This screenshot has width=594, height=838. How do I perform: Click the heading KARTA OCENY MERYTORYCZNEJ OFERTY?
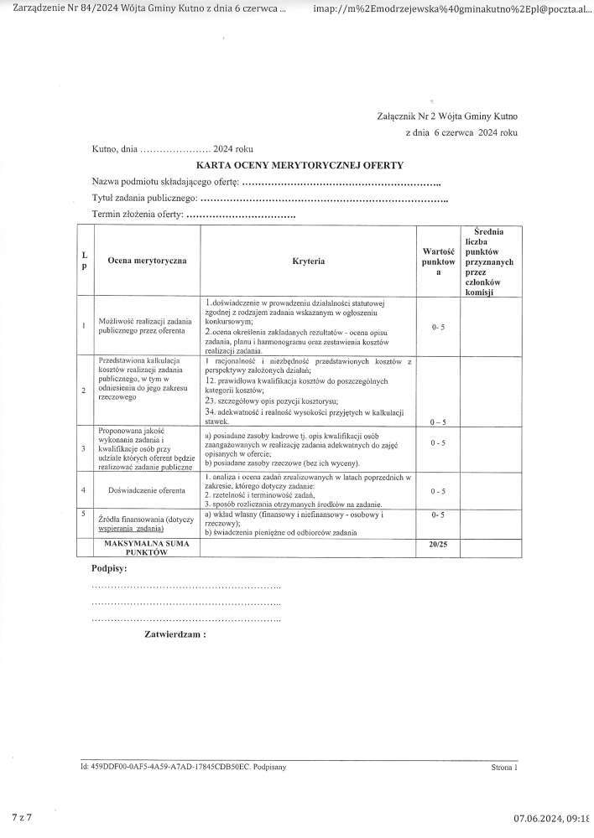[x=300, y=166]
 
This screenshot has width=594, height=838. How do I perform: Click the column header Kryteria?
[x=309, y=261]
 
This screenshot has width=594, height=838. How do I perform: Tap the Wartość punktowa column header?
[x=438, y=261]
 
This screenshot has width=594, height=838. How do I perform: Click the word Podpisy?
[x=109, y=569]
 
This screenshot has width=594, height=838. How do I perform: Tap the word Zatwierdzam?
[x=175, y=634]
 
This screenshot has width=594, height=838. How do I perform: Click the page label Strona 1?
[x=504, y=766]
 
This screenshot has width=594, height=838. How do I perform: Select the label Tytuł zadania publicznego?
[x=144, y=199]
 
